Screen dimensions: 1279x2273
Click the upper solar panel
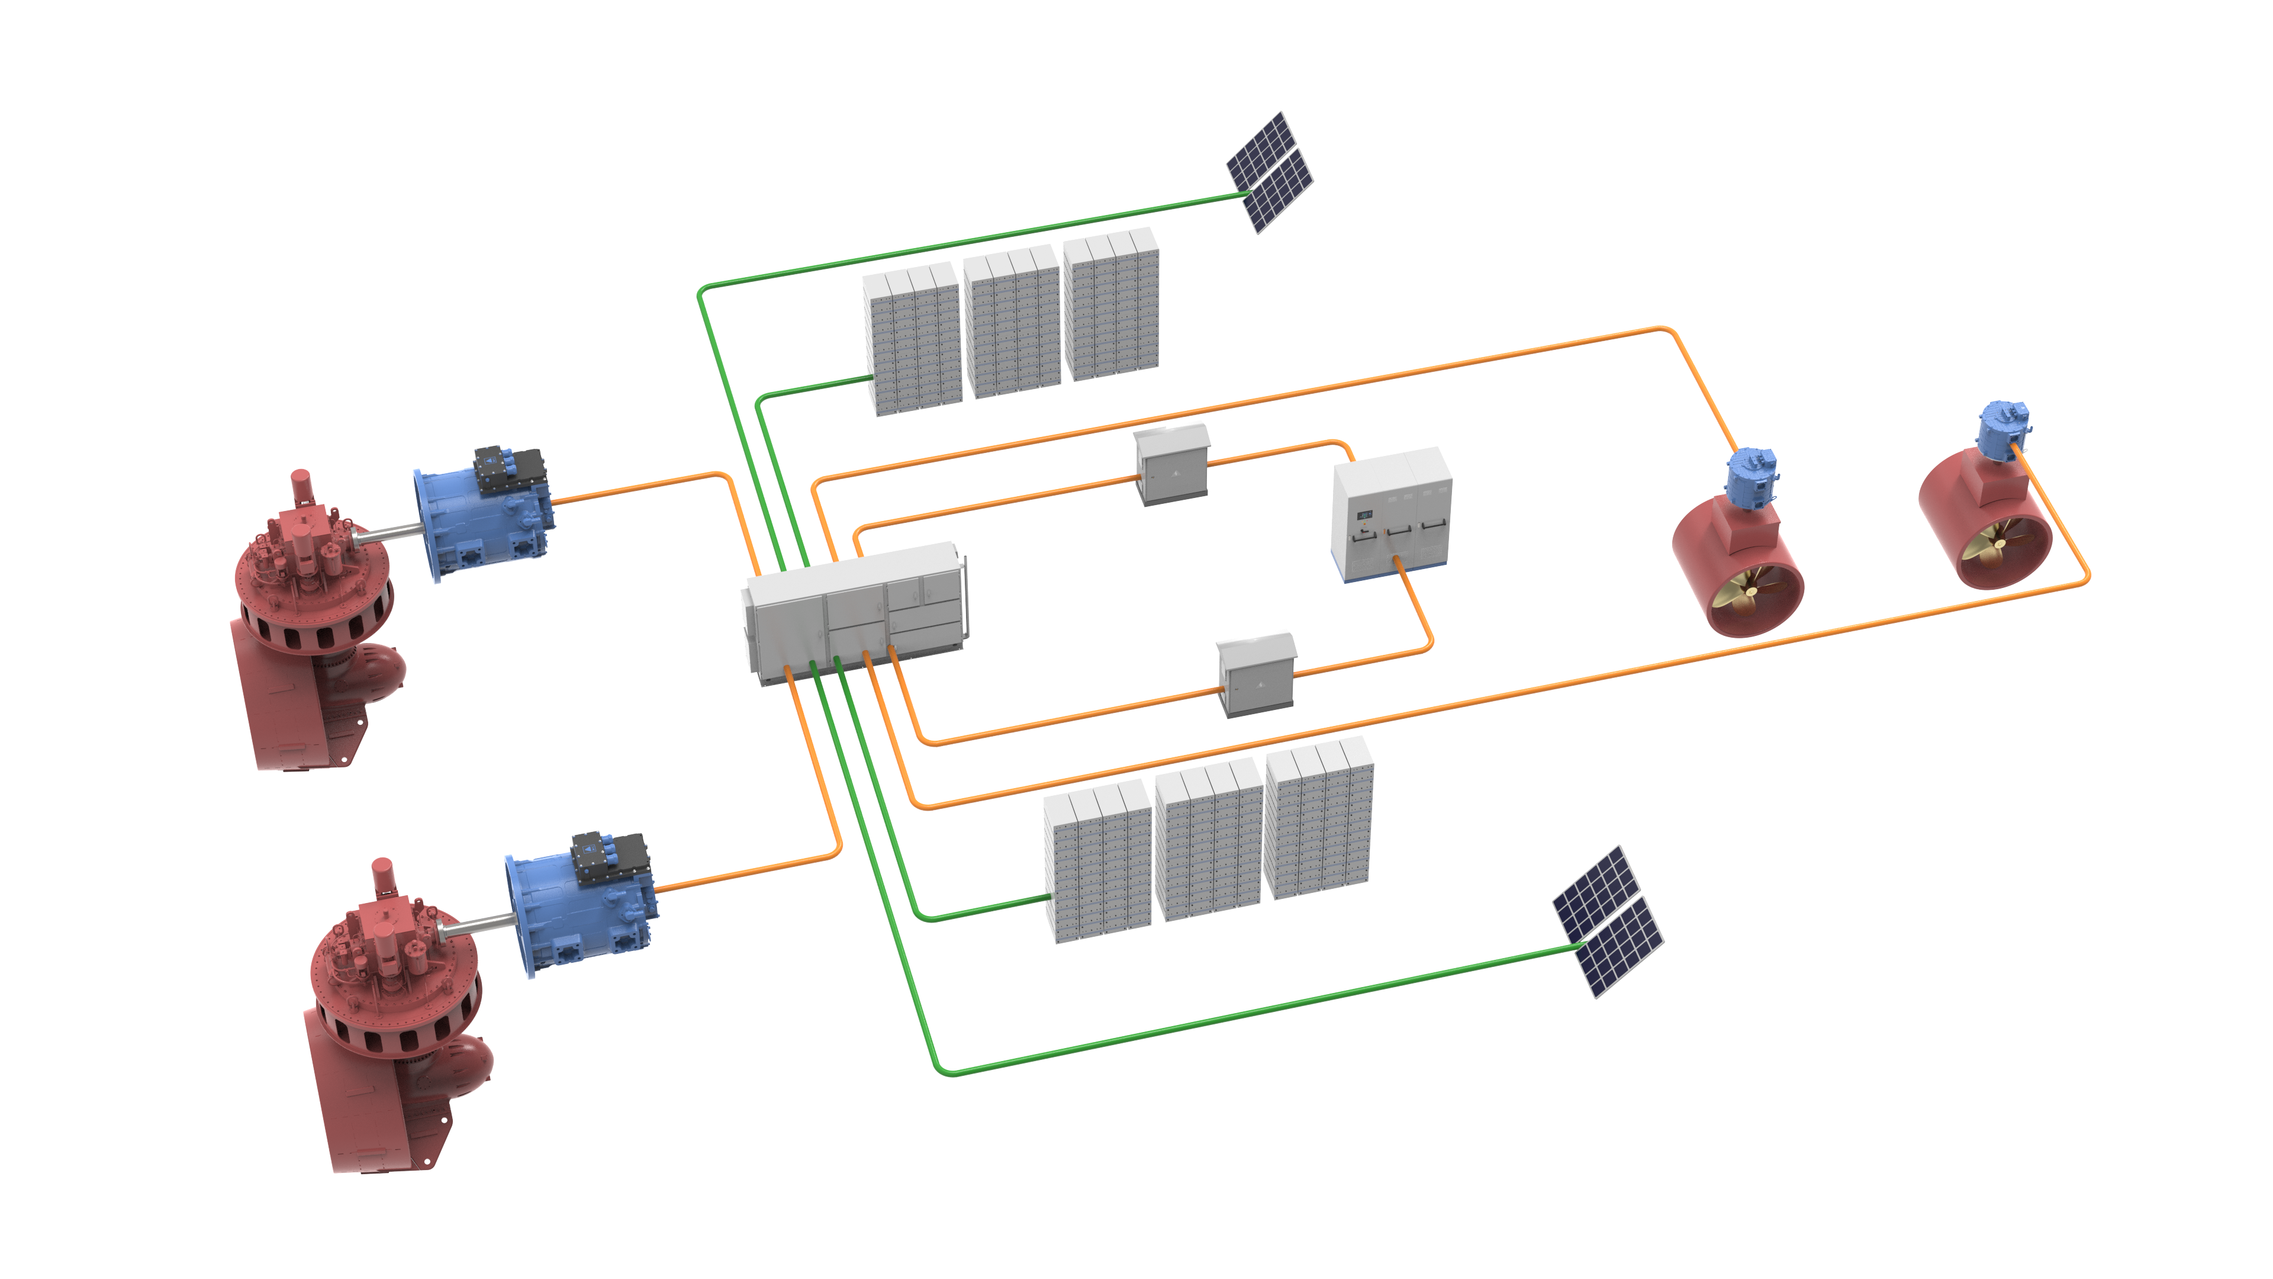1269,172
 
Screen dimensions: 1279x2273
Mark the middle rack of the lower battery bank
1207,845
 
